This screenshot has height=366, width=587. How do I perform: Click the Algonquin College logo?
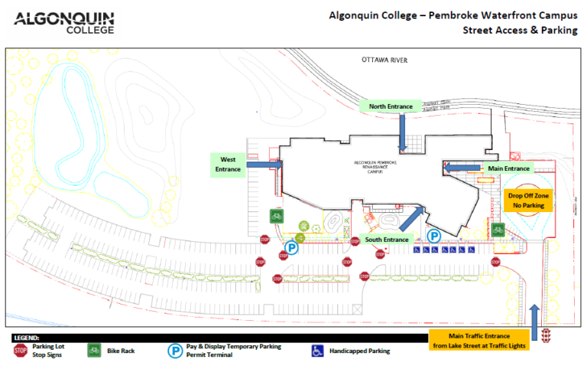[64, 22]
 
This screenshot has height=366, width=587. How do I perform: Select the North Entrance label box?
[391, 106]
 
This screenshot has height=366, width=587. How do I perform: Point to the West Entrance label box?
[227, 163]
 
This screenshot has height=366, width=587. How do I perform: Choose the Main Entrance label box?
[508, 168]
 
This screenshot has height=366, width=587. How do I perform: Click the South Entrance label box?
[386, 240]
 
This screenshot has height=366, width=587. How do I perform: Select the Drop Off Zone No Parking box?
[528, 201]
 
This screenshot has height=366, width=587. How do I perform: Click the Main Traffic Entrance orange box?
[479, 339]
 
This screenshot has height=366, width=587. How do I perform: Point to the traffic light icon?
[546, 335]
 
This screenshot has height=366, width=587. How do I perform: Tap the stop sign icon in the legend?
[20, 350]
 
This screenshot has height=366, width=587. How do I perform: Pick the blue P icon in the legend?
[175, 350]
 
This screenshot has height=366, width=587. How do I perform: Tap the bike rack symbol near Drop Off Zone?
[498, 229]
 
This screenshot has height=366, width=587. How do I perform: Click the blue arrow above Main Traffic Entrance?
[534, 315]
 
